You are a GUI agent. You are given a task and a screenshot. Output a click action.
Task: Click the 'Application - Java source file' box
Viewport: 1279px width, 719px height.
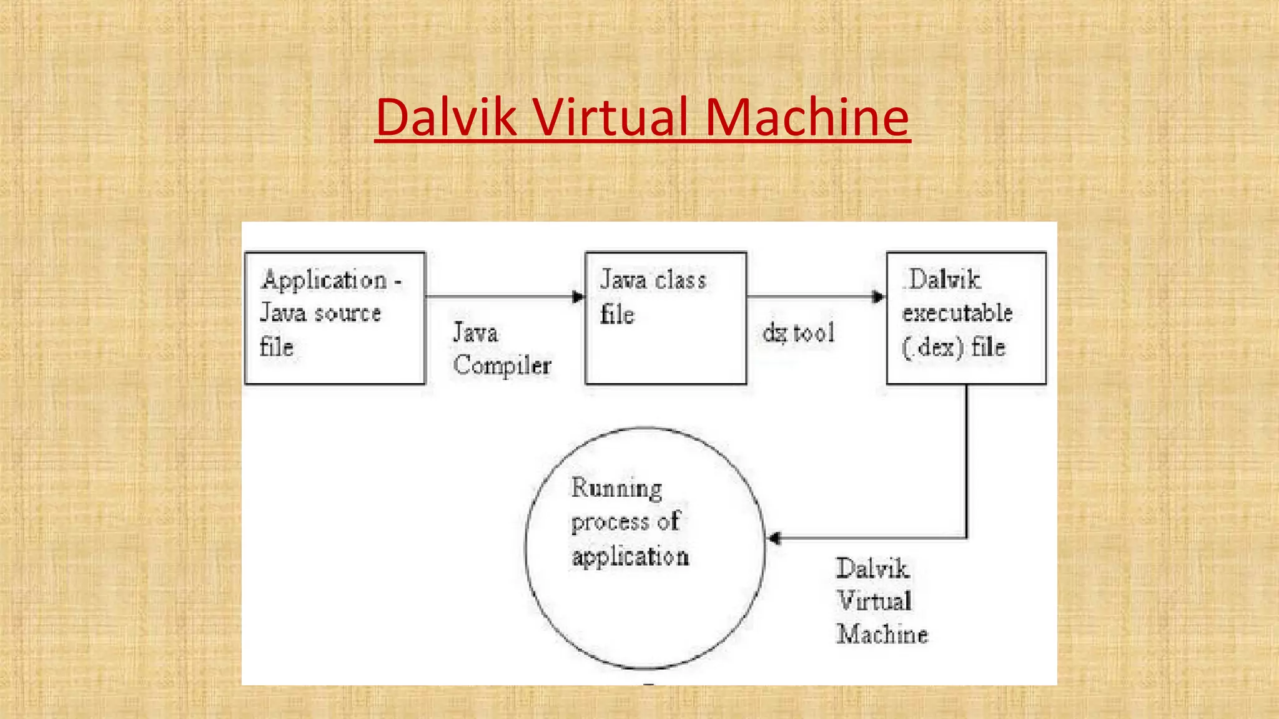coord(335,318)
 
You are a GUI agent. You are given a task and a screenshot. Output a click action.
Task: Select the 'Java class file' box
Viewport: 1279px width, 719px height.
coord(666,318)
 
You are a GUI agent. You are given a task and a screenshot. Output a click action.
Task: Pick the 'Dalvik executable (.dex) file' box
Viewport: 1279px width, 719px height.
coord(966,318)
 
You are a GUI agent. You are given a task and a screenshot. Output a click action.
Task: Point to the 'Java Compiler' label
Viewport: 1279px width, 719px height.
coord(501,349)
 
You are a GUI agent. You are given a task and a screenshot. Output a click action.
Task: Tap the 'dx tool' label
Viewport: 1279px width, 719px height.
coord(799,333)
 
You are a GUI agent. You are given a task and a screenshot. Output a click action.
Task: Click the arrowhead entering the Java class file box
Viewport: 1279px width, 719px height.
coord(578,297)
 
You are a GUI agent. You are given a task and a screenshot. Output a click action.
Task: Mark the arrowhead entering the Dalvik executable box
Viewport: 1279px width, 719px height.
coord(878,297)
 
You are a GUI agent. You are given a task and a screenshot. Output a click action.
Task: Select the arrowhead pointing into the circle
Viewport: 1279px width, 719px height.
coord(774,538)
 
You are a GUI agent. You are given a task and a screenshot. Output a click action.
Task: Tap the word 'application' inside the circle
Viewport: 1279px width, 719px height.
coord(630,557)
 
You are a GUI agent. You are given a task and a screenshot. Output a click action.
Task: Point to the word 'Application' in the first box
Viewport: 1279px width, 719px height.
coord(324,280)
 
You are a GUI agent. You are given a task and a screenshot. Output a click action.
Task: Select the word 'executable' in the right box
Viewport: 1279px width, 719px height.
coord(957,313)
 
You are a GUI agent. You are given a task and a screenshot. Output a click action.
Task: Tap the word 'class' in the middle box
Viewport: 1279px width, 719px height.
coord(680,280)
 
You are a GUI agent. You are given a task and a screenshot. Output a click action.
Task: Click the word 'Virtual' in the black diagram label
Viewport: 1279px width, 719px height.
coord(874,601)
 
